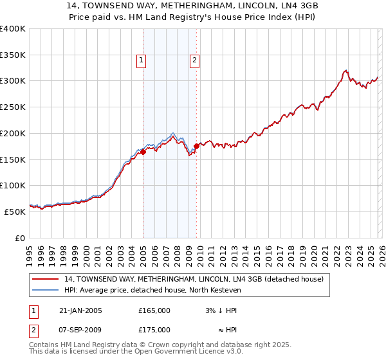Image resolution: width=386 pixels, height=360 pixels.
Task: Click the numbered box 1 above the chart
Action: click(x=141, y=61)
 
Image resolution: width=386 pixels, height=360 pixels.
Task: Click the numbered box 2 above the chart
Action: click(x=194, y=61)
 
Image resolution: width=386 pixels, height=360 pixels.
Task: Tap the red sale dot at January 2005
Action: click(x=143, y=152)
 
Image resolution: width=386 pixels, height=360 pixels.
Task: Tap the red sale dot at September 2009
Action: click(x=196, y=146)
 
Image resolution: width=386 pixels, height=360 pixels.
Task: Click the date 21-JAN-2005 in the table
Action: click(x=80, y=310)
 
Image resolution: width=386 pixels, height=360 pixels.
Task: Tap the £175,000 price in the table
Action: click(x=154, y=330)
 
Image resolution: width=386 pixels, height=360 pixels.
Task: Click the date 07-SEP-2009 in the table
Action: click(x=80, y=330)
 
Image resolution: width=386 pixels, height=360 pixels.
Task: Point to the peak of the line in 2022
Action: click(x=346, y=71)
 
